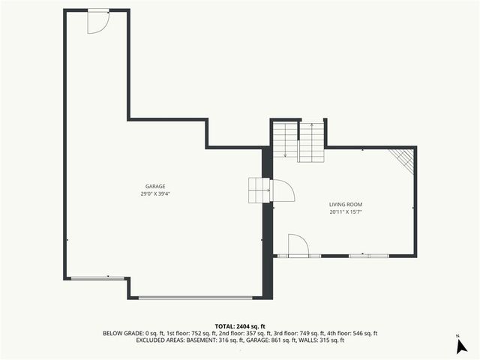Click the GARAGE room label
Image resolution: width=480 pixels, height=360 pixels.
155,186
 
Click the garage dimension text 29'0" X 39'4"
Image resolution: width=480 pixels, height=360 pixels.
155,193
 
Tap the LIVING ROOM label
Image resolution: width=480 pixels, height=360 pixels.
346,204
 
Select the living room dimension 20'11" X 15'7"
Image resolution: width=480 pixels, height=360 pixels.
346,211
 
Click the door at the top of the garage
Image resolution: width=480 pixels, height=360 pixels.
97,22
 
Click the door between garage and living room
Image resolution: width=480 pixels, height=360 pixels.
283,191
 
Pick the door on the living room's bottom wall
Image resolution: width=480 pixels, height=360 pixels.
298,245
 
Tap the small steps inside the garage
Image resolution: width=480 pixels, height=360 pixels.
259,190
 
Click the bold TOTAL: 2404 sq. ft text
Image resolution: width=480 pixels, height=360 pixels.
239,326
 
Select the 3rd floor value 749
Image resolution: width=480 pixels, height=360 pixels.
301,333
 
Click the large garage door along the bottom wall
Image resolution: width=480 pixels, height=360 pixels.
200,297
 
